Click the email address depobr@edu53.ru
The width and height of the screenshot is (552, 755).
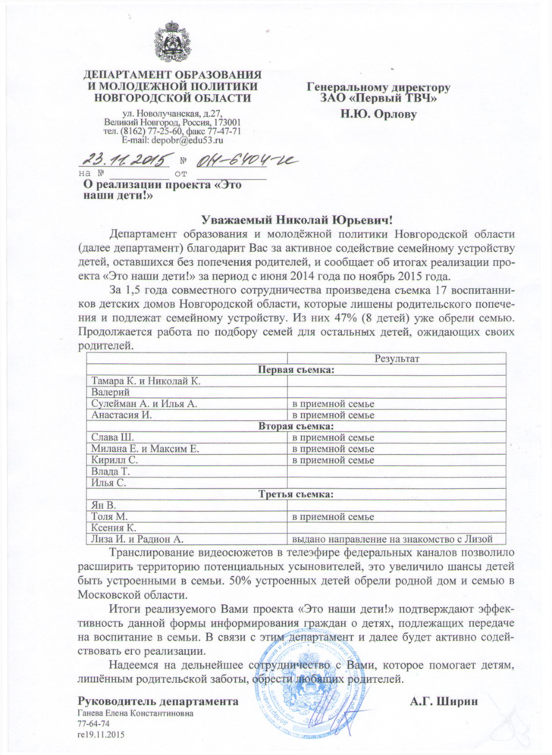(173, 140)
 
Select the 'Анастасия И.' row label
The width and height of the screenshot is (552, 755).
(122, 415)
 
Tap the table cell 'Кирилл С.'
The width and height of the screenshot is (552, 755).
(114, 460)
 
